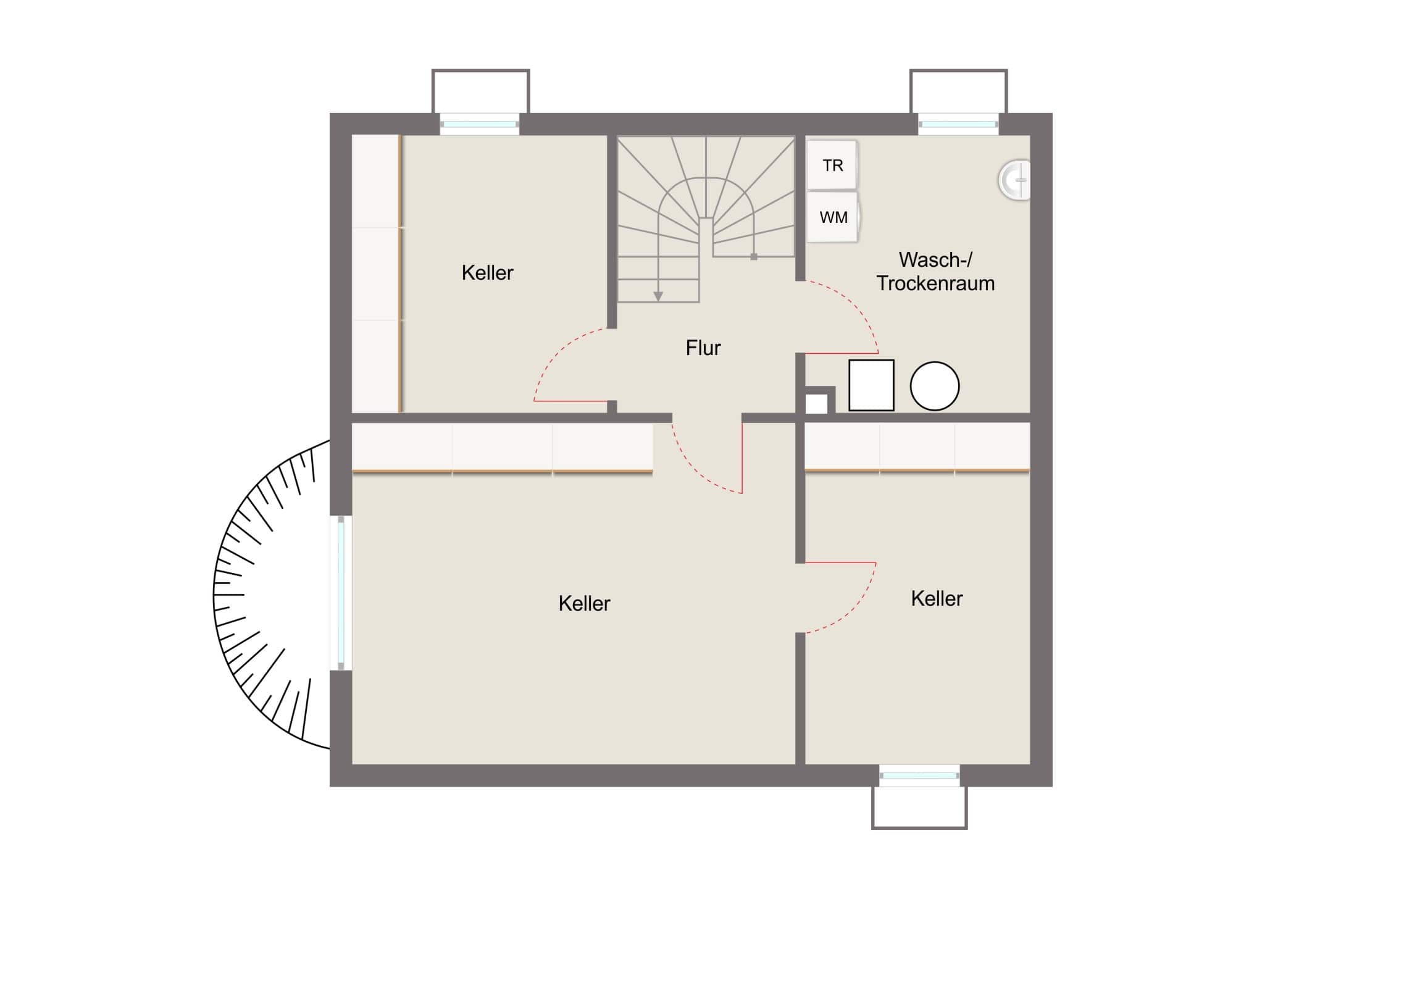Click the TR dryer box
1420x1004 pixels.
coord(832,164)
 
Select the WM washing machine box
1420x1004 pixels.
coord(833,217)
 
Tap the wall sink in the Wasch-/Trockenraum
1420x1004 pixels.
coord(1015,180)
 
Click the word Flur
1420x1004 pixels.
coord(703,348)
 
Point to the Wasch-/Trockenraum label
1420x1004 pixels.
coord(935,271)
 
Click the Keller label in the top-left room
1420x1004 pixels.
coord(487,273)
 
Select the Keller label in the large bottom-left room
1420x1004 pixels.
coord(584,603)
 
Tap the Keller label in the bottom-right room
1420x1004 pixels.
coord(937,598)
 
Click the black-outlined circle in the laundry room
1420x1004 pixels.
coord(935,386)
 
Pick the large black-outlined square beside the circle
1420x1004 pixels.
coord(871,385)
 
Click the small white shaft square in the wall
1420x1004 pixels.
coord(816,404)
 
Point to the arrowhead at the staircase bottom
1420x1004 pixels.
coord(658,297)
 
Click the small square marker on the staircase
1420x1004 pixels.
coord(753,257)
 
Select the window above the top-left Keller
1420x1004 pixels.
coord(479,124)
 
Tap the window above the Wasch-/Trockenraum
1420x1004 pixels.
coord(958,124)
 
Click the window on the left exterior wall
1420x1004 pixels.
coord(341,593)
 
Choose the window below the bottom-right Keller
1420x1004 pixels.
coord(919,775)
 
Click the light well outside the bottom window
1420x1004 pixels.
coord(919,807)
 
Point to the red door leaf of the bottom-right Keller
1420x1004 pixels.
coord(840,563)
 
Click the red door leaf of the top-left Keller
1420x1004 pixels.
coord(570,401)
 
